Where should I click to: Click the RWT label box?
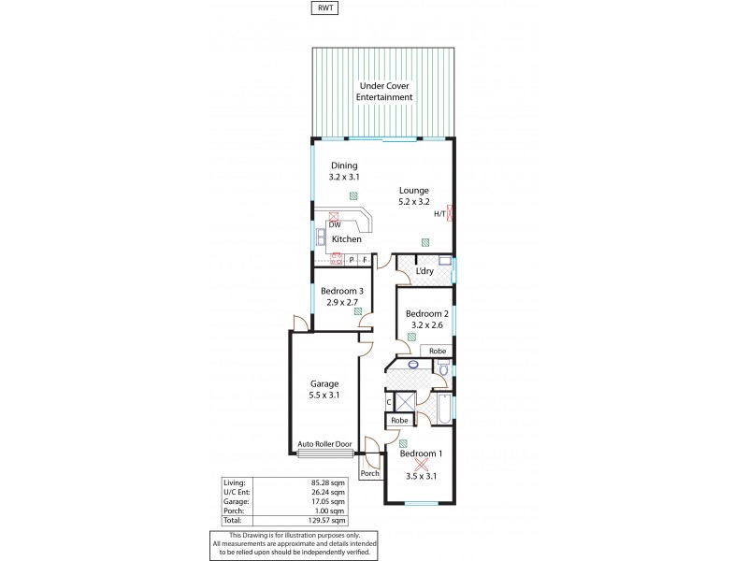pos(324,8)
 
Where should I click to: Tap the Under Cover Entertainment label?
pos(384,92)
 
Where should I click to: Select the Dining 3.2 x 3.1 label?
pos(344,171)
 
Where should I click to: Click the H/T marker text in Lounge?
pos(439,214)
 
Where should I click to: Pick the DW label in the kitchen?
pos(335,224)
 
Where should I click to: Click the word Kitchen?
pos(347,238)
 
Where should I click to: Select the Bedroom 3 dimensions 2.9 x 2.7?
pos(344,301)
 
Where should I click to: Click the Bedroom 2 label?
pos(426,313)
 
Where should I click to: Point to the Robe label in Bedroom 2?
pos(439,352)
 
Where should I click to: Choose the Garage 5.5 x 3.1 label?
pos(324,390)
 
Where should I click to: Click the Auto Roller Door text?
pos(323,444)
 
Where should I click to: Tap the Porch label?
pos(370,473)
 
